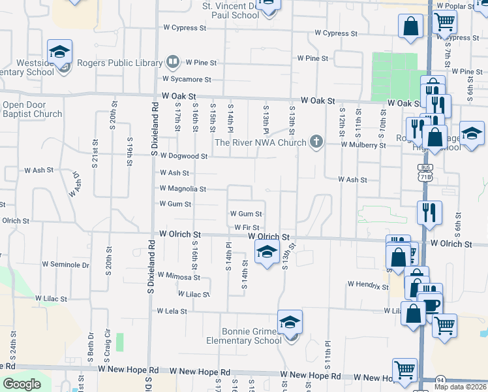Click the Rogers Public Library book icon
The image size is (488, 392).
(172, 63)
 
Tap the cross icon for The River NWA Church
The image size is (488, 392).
(316, 142)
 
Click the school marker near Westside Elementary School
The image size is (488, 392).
(60, 52)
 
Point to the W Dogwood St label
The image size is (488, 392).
(185, 157)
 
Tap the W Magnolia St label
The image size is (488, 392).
(183, 189)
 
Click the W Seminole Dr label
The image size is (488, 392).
(66, 265)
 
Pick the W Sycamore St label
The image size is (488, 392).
(187, 80)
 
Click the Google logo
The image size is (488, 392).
(22, 384)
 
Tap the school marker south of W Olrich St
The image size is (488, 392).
(266, 252)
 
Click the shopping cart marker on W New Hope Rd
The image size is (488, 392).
(405, 369)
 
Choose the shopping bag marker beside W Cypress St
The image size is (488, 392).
(411, 27)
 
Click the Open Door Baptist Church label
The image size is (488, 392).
(32, 109)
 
